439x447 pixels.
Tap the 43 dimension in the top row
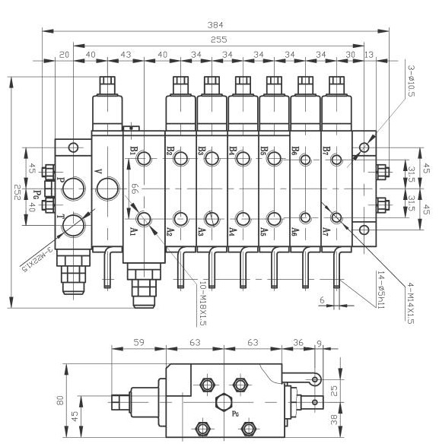tap(126, 55)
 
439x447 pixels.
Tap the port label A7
tap(326, 231)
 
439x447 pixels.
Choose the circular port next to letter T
tap(75, 223)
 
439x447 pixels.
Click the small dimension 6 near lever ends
tap(322, 300)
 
